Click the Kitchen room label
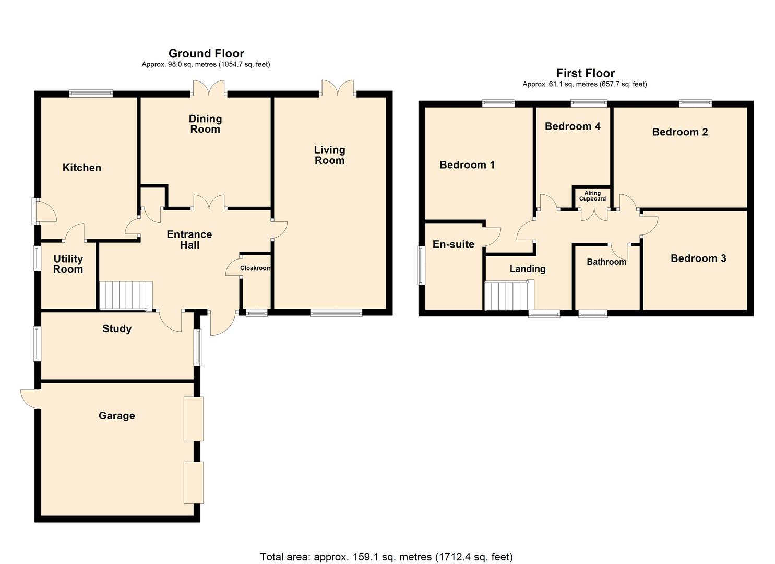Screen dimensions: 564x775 (82, 168)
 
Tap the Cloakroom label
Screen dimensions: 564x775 (255, 268)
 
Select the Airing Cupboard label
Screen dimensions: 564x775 (592, 196)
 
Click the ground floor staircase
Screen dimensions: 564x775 (126, 295)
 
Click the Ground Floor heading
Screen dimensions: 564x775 (206, 53)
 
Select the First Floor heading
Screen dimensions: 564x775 (585, 73)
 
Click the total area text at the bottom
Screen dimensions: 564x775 (386, 557)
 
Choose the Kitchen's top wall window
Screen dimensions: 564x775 (91, 93)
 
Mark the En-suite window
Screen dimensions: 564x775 (421, 265)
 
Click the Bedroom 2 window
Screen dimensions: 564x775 (695, 103)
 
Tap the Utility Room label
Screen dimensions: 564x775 (68, 264)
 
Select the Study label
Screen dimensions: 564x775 (117, 328)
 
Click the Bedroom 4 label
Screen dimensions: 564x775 (573, 126)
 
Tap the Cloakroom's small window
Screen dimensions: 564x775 (256, 313)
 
